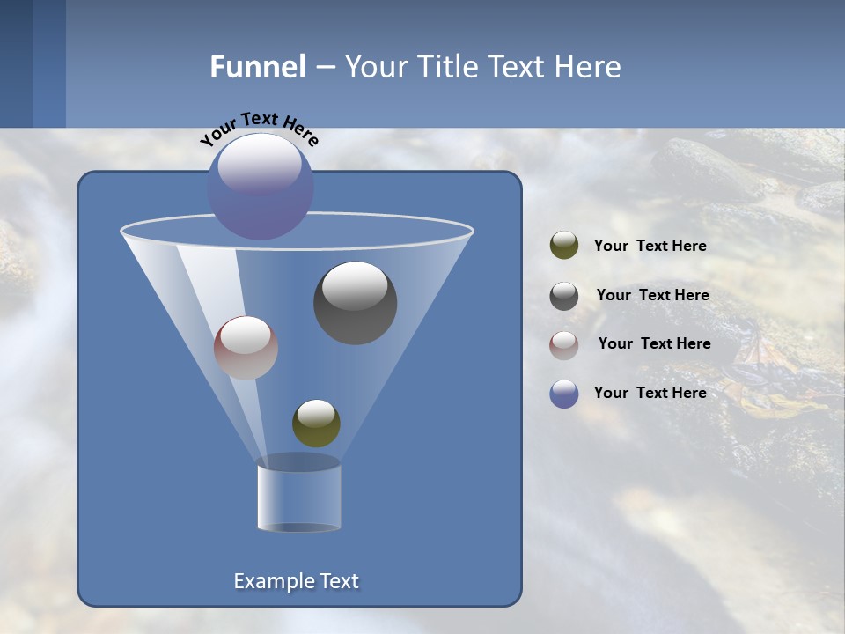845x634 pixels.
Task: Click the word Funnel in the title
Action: pos(257,67)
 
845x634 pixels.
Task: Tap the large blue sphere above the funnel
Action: pos(261,187)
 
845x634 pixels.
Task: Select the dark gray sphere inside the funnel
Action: pos(356,303)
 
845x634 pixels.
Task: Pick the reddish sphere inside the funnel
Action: pos(246,348)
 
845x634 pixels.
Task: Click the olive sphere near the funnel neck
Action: pos(316,423)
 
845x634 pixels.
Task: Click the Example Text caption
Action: pos(296,581)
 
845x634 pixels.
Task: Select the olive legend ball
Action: pos(564,246)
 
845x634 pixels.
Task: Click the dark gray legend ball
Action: pos(564,296)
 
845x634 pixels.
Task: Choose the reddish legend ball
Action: pos(564,344)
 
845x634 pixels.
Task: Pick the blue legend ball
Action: pos(564,394)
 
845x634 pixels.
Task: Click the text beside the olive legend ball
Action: pos(650,247)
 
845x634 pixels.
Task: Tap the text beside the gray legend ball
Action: pos(652,296)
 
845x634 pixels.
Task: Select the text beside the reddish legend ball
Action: pos(654,344)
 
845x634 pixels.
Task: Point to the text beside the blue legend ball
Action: pos(650,394)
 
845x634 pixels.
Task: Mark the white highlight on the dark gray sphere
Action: pos(355,286)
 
